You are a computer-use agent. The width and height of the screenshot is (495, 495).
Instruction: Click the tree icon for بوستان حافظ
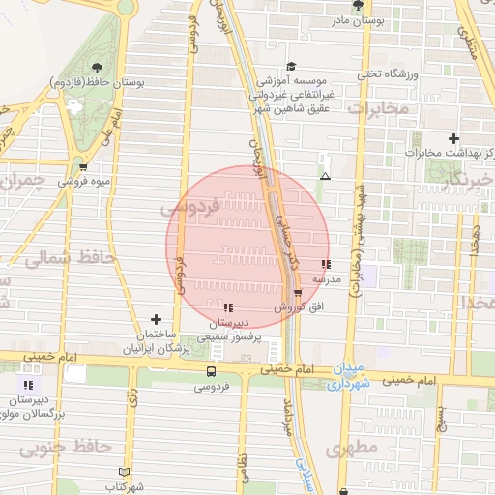97,67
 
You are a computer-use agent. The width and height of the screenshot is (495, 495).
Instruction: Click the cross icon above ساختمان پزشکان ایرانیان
156,318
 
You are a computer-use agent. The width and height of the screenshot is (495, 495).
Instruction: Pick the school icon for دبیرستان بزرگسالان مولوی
27,384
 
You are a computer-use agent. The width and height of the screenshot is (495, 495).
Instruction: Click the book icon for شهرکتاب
123,470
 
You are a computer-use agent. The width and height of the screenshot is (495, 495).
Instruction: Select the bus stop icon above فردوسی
211,371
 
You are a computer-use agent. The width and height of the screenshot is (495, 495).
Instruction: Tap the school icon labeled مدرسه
326,263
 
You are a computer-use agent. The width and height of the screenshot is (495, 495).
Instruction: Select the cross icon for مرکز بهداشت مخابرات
453,138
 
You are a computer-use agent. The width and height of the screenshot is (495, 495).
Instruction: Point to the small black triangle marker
325,176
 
